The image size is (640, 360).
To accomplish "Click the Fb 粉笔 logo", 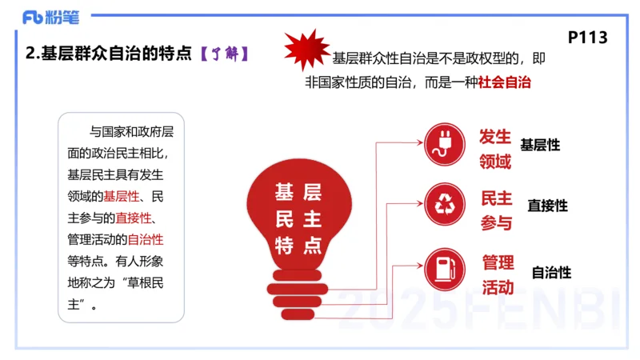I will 50,16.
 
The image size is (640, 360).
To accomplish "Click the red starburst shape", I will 306,50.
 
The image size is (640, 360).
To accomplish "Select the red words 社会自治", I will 506,82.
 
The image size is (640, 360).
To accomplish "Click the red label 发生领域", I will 495,148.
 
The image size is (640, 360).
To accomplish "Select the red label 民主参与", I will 496,210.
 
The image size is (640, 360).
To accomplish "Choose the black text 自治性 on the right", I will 552,272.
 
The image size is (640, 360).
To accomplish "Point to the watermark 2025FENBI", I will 480,308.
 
